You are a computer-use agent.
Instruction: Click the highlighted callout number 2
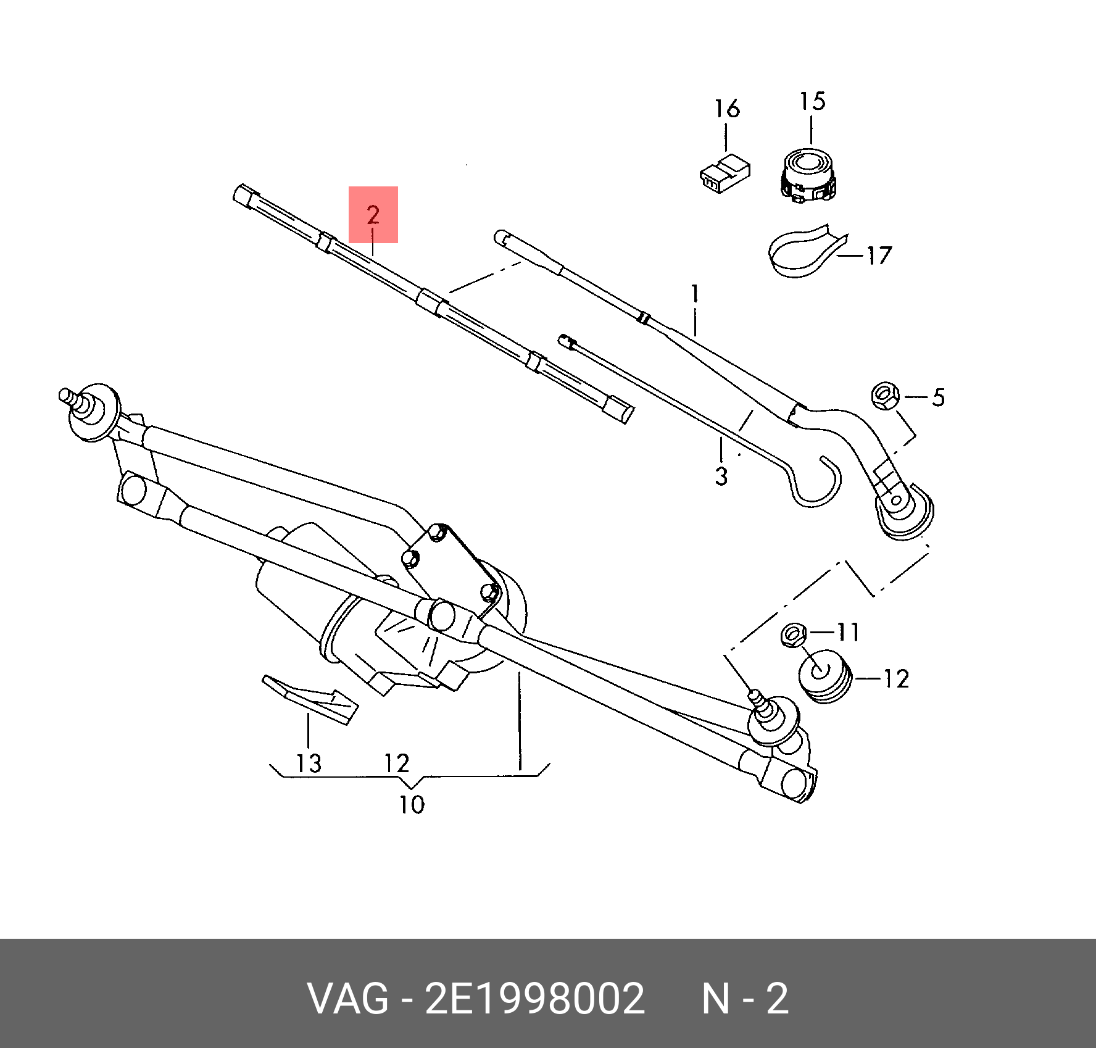pos(373,215)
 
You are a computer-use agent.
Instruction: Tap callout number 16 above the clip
pos(727,109)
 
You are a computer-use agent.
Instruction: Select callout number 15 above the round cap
pos(812,102)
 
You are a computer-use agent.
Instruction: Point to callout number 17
pos(879,256)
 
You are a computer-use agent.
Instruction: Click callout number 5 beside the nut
pos(938,397)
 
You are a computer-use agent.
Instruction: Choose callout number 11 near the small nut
pos(849,632)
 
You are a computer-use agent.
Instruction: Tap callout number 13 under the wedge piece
pos(309,763)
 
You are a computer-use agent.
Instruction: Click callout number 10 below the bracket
pos(412,805)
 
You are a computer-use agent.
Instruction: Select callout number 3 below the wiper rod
pos(721,476)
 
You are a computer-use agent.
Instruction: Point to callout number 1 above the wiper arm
pos(695,294)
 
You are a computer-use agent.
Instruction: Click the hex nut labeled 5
pos(886,395)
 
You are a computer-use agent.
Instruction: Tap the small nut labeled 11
pos(794,634)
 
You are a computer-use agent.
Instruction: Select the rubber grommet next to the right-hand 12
pos(825,676)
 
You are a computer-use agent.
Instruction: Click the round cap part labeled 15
pos(808,175)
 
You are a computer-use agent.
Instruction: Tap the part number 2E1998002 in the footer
pos(534,999)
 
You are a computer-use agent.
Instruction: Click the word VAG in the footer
pos(348,999)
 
